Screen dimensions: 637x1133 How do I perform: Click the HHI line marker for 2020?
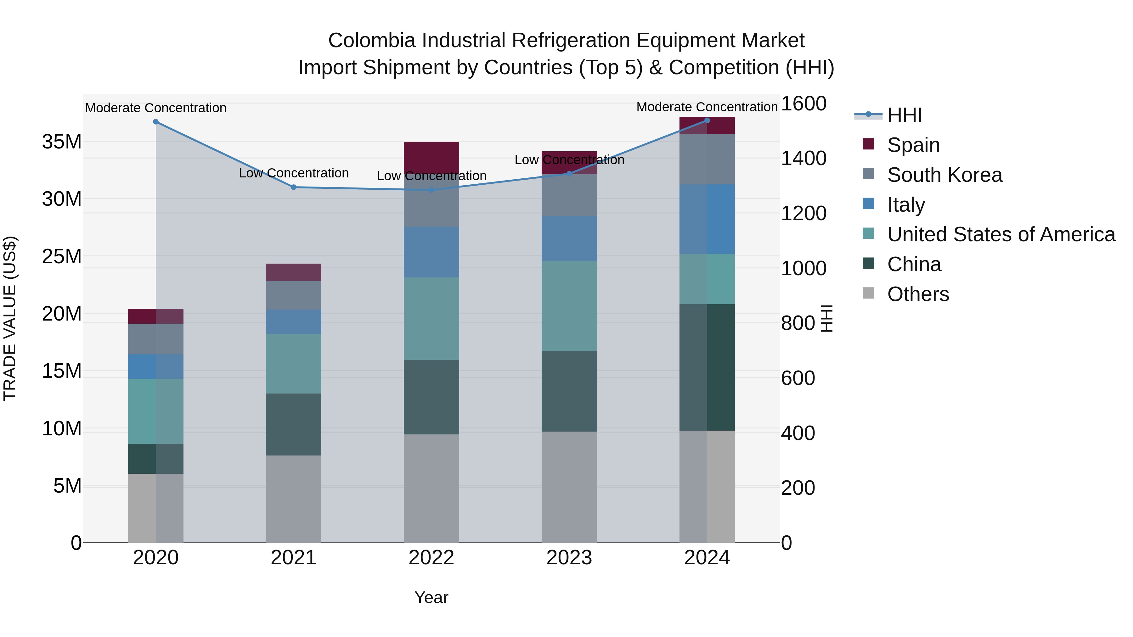(156, 122)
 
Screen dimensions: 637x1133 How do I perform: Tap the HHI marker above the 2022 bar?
(431, 190)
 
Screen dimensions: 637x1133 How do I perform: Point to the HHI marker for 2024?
(707, 120)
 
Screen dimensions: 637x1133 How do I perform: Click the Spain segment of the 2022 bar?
(431, 156)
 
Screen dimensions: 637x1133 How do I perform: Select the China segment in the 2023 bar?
(569, 391)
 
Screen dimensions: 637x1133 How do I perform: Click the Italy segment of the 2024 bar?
(707, 219)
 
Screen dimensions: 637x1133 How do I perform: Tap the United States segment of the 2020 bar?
(156, 411)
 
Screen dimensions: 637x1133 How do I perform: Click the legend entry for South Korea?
(944, 175)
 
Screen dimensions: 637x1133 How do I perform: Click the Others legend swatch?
(869, 293)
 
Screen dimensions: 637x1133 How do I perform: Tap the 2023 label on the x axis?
(569, 558)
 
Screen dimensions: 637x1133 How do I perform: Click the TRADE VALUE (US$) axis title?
(10, 318)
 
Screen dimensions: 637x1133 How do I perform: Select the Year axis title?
(431, 597)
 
